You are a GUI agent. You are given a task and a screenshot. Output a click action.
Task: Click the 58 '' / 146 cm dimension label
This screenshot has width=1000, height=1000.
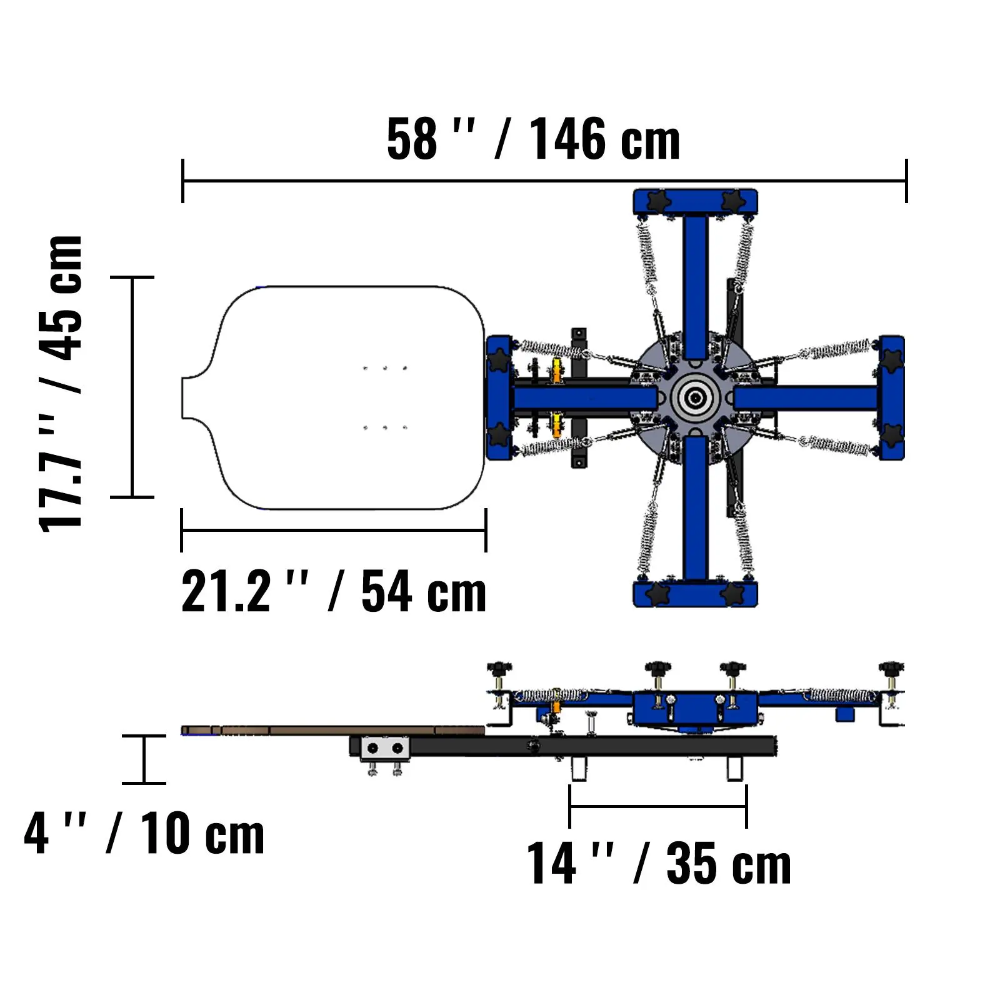(533, 139)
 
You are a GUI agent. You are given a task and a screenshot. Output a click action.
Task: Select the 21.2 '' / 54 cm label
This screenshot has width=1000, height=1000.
(334, 592)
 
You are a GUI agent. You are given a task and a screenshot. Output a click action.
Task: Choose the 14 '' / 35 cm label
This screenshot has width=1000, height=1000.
(659, 863)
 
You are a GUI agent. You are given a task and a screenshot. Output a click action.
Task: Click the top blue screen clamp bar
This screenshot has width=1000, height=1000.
(695, 201)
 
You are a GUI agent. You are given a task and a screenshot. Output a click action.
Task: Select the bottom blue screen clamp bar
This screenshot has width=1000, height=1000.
(695, 594)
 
